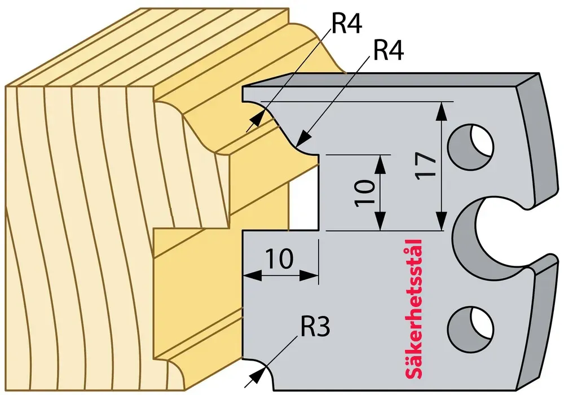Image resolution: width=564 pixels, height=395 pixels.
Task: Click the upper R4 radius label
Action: click(346, 24)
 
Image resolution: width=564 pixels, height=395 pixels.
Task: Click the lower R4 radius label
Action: click(389, 50)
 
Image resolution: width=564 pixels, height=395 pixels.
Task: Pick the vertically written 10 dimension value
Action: click(364, 193)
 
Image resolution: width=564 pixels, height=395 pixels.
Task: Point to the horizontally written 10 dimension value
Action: click(280, 258)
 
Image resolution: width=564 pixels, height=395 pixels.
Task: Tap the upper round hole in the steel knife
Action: click(470, 146)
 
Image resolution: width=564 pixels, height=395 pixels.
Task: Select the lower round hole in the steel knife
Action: click(470, 329)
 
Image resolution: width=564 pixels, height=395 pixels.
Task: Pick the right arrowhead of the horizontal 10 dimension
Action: click(309, 276)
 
